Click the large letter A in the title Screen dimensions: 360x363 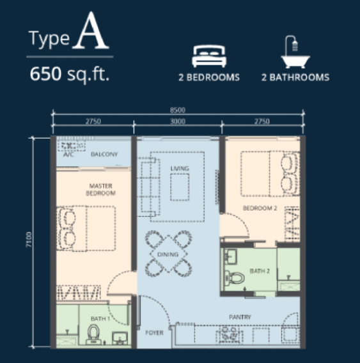pos(91,31)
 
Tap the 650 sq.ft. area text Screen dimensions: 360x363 pos(70,74)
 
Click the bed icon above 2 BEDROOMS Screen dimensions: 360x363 pos(209,56)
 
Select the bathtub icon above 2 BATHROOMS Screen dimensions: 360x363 pos(295,52)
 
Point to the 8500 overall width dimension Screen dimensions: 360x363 pos(178,110)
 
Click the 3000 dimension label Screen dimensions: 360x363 pos(178,121)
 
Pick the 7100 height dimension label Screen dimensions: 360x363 pos(29,240)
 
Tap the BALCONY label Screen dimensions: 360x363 pos(104,154)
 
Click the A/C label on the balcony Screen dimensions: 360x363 pos(68,155)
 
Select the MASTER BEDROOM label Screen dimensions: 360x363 pos(101,189)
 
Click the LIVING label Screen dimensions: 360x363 pos(180,168)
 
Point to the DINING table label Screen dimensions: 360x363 pos(168,254)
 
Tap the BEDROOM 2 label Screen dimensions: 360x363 pos(260,208)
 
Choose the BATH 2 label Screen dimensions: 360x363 pos(260,271)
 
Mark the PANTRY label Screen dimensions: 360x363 pos(240,317)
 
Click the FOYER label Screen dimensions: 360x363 pos(155,333)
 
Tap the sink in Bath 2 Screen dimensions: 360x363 pos(230,256)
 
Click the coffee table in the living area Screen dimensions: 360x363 pos(180,187)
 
